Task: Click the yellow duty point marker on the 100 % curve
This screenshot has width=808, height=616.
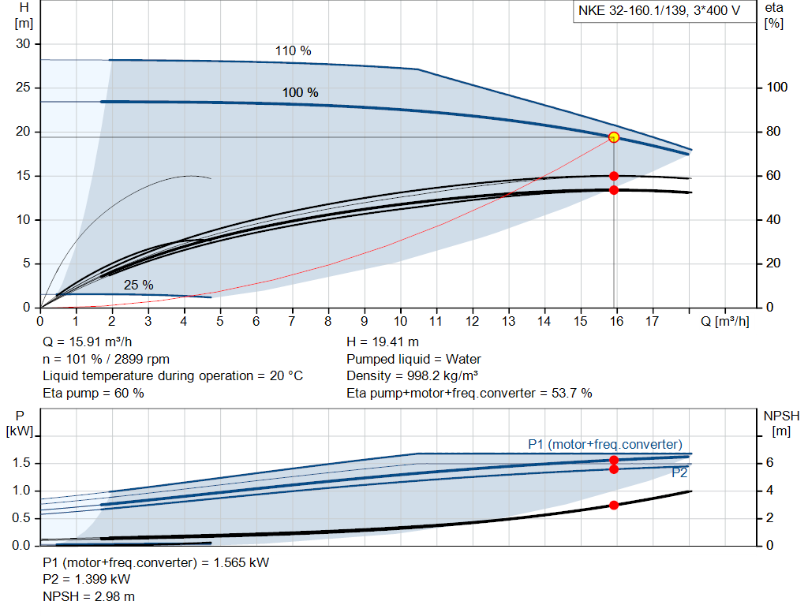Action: point(613,137)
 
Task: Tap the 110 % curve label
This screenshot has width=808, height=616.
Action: point(293,51)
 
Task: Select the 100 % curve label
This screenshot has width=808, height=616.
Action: point(300,93)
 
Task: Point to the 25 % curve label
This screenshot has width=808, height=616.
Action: point(138,285)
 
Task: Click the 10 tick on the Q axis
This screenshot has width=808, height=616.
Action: point(400,322)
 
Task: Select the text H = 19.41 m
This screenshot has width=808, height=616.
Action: point(383,342)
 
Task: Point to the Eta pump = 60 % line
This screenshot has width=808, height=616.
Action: point(93,393)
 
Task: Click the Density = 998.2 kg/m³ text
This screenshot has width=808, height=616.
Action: point(412,375)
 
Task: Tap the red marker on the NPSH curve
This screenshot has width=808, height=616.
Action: point(613,505)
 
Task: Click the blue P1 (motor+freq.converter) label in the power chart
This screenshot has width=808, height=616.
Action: point(604,445)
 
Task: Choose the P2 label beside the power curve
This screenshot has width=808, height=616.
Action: point(679,473)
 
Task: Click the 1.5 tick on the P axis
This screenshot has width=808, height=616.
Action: point(21,463)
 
